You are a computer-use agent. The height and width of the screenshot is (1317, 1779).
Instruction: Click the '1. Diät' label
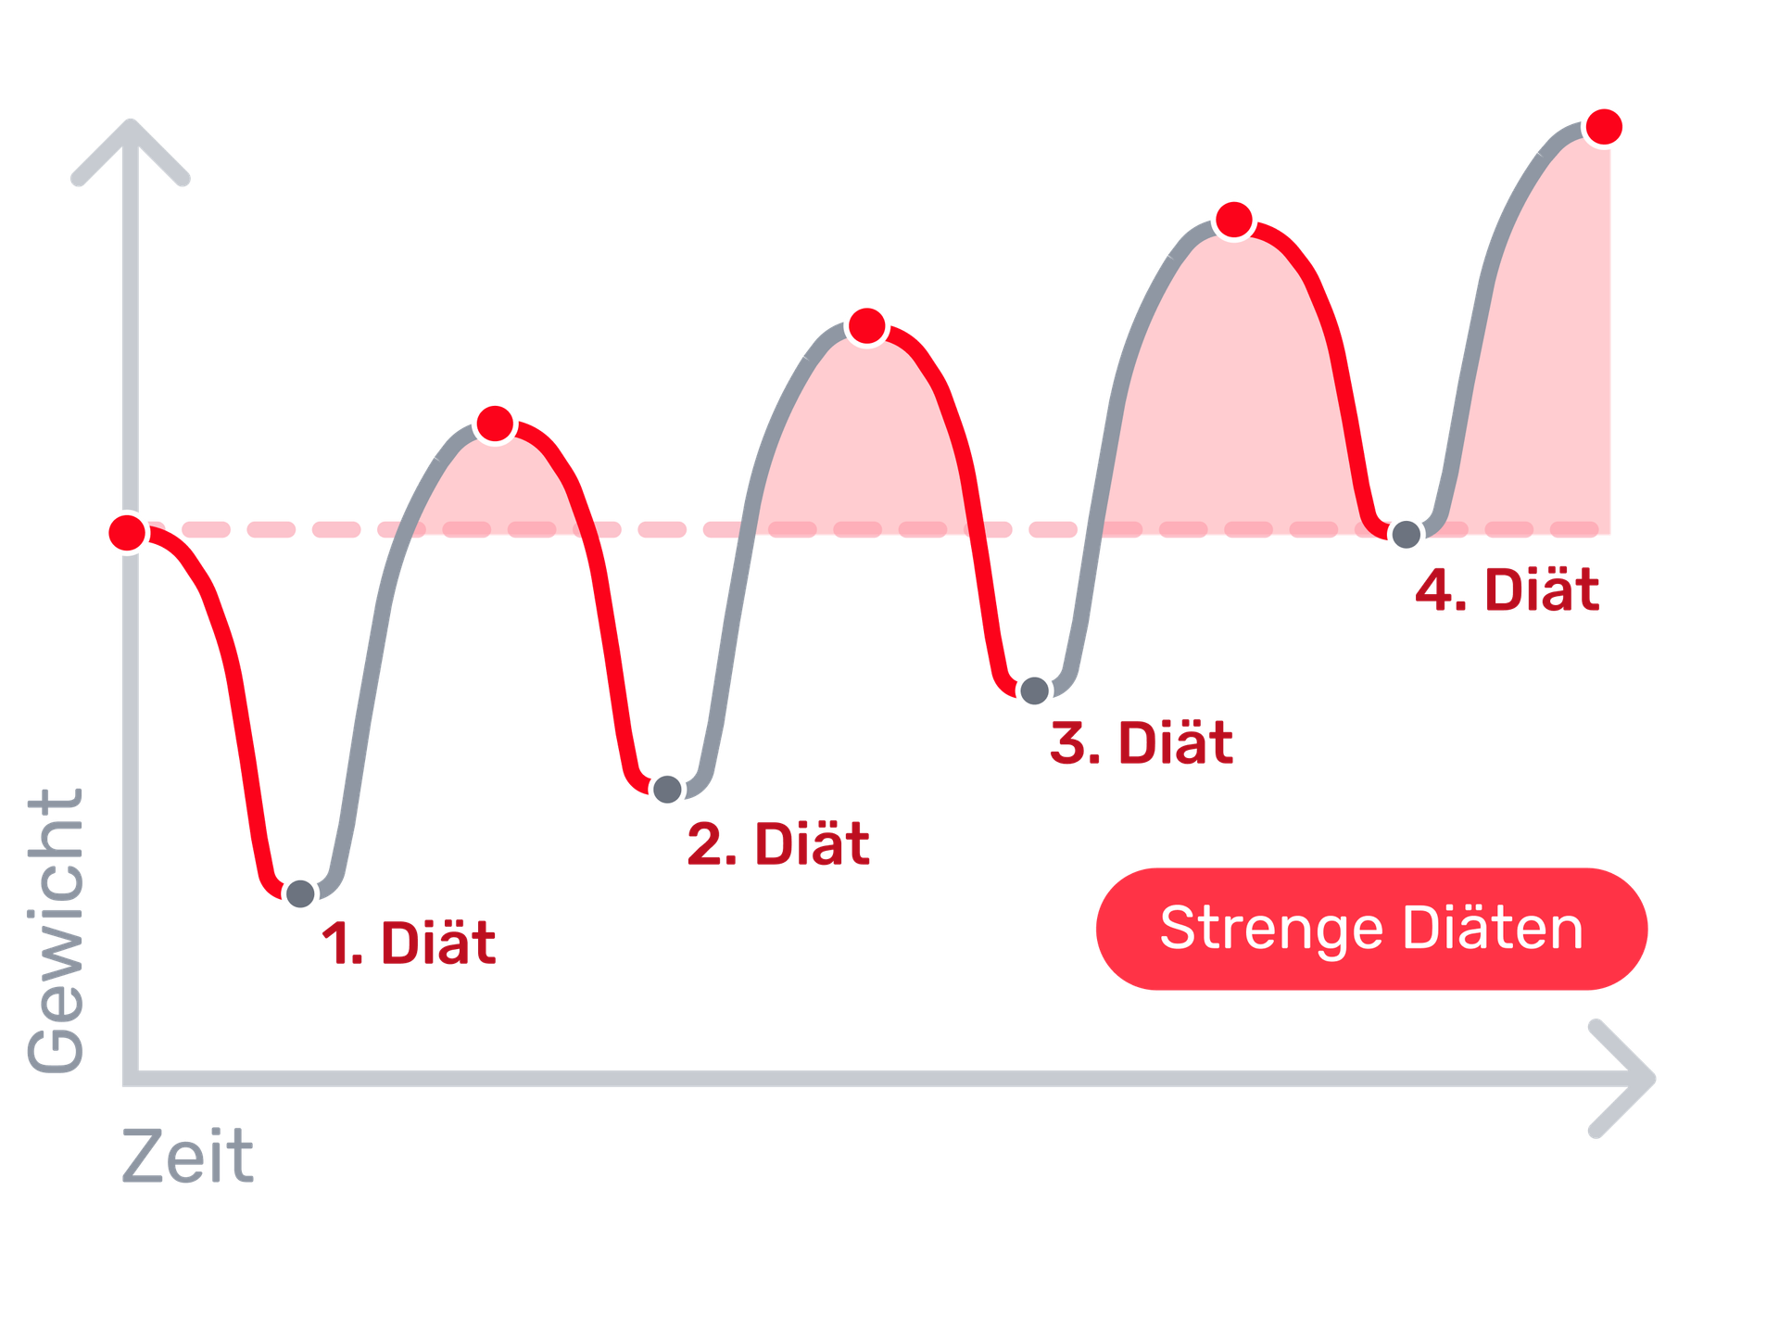(409, 943)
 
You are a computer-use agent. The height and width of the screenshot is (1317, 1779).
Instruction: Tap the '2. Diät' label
(778, 843)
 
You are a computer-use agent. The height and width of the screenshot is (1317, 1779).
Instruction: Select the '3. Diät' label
(1142, 742)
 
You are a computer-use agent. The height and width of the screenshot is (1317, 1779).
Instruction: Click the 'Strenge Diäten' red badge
(1371, 929)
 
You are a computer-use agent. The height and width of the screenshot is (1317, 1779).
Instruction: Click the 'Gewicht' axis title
(56, 931)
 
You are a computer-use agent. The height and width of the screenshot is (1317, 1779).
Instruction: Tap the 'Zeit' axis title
(188, 1156)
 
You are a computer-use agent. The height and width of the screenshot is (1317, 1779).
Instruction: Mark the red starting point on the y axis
(127, 533)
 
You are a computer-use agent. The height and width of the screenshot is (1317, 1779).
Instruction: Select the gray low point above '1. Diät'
(300, 893)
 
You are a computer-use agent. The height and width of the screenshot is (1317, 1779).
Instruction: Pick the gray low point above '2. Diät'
(666, 789)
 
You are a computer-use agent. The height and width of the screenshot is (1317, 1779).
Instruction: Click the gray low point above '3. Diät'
(1034, 690)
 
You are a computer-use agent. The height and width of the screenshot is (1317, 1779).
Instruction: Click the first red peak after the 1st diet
(495, 423)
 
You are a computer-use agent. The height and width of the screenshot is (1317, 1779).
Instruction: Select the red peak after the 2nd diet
(867, 325)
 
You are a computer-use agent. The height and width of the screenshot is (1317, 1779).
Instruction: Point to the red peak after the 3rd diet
(1233, 220)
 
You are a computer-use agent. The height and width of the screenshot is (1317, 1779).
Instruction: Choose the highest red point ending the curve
(1604, 126)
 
